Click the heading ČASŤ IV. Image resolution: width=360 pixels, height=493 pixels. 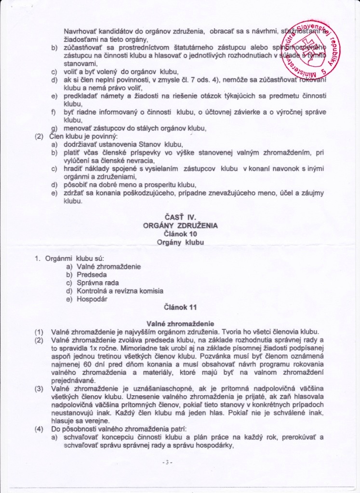click(180, 217)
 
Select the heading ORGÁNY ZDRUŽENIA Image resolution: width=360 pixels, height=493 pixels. click(180, 225)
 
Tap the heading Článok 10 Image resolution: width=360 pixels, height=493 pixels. click(180, 234)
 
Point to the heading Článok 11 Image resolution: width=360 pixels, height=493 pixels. click(180, 306)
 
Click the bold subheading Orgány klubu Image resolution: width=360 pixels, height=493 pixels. click(180, 242)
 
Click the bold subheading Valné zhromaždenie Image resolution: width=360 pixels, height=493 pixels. click(180, 324)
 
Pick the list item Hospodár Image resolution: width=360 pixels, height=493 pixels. click(92, 299)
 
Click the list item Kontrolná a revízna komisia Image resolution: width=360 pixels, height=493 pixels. click(120, 291)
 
